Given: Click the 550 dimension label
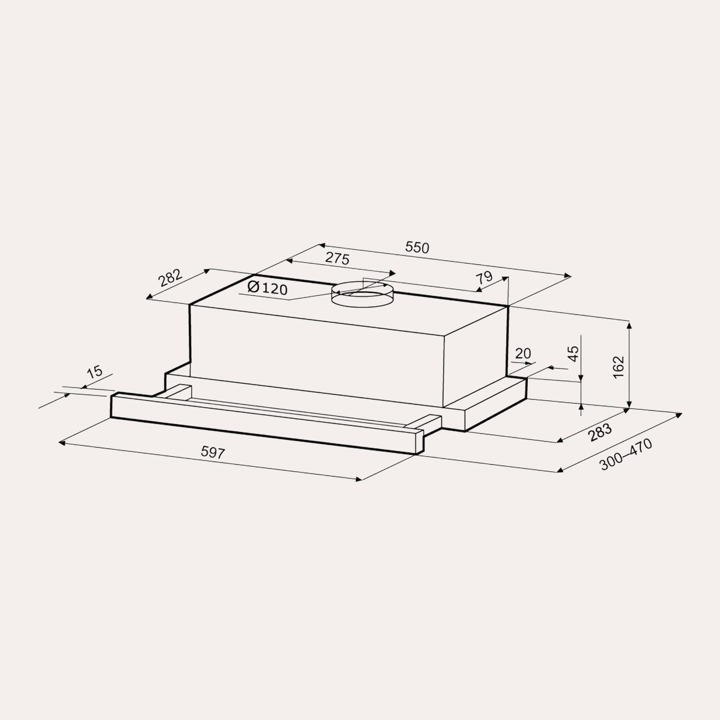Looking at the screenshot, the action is (418, 248).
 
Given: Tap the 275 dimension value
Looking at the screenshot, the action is (337, 258).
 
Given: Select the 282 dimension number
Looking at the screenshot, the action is (170, 277).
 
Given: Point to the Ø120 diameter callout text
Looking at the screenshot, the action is (268, 287).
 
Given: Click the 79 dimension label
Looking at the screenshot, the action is (484, 278).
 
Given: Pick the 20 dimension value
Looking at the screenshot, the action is (523, 353).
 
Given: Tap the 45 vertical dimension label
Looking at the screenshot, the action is (574, 353).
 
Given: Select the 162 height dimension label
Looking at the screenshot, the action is (619, 367).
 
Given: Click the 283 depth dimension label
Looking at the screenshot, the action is (600, 432).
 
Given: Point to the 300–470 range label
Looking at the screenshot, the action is (625, 454).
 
